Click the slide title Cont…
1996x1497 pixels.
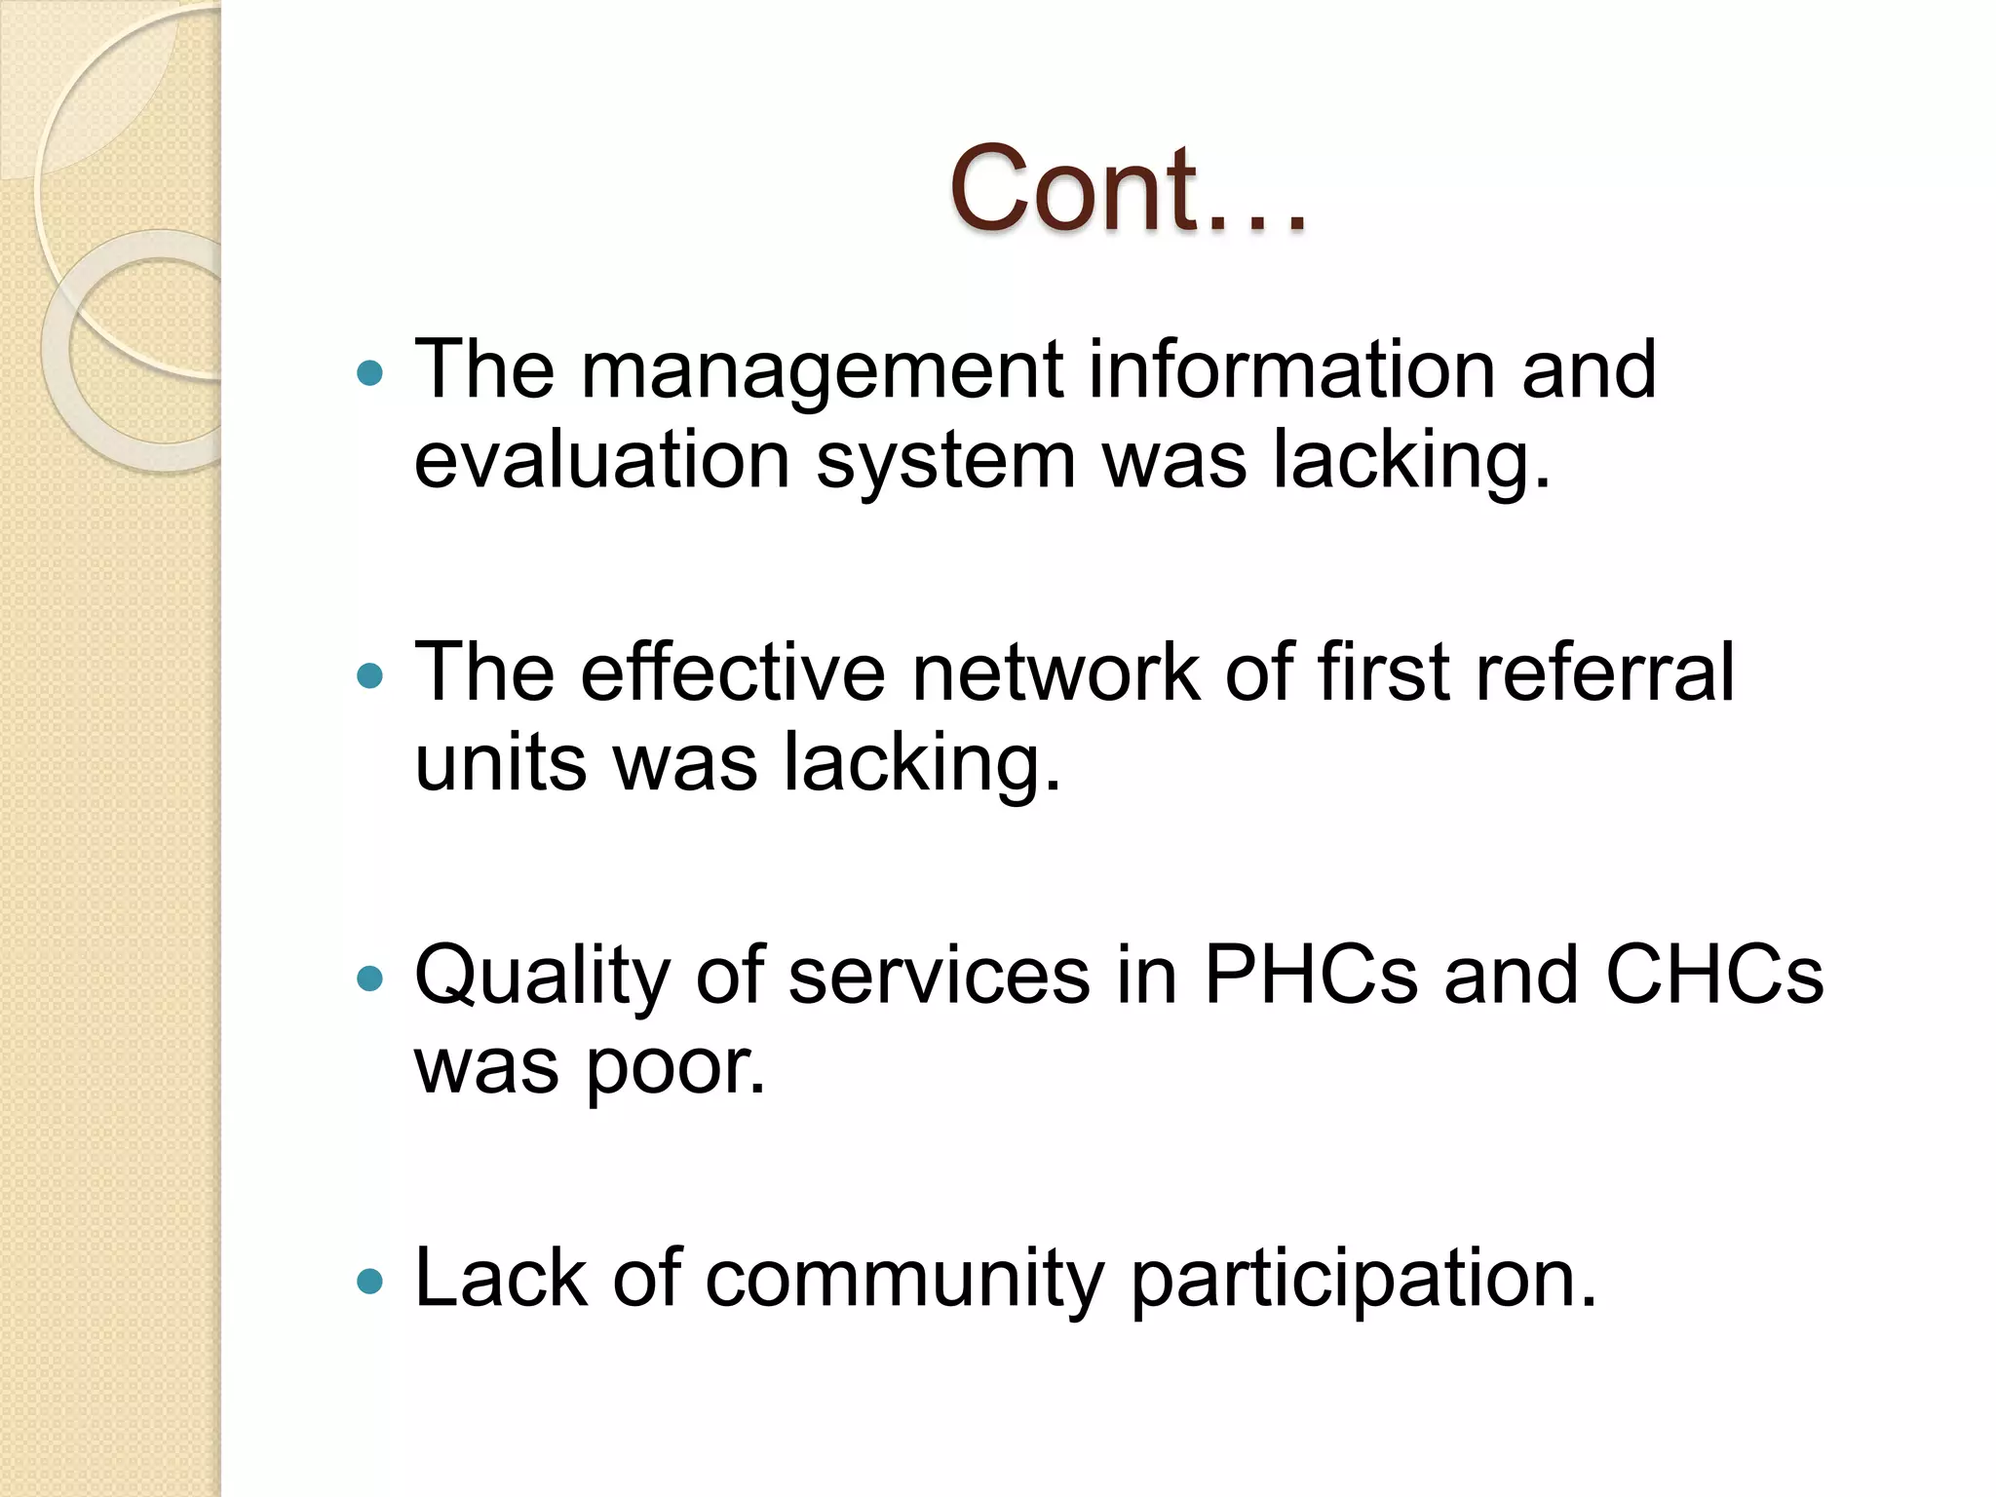coord(1128,190)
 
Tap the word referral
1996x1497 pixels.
coord(1604,672)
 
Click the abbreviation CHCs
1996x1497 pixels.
coord(1713,975)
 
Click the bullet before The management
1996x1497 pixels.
coord(370,372)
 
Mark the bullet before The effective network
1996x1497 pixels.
coord(370,674)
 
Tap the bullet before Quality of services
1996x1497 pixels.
coord(370,978)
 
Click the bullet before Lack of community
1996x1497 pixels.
coord(370,1280)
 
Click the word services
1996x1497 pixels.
coord(939,975)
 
